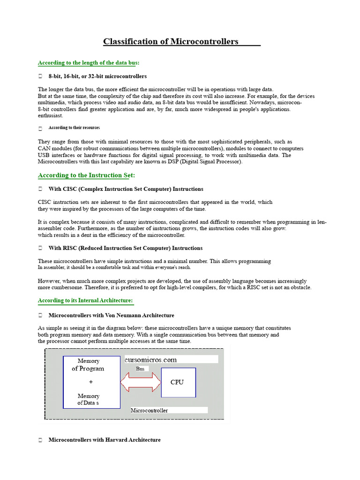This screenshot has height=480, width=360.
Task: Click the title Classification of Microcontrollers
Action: [x=171, y=42]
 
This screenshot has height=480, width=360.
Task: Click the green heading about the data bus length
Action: [x=89, y=62]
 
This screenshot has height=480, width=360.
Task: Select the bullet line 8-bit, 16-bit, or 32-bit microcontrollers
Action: [x=97, y=76]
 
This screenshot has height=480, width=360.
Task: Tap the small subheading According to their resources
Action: [x=74, y=127]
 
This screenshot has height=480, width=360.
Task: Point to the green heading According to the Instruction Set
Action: [x=86, y=175]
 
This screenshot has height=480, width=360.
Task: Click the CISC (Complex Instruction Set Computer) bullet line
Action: [x=126, y=189]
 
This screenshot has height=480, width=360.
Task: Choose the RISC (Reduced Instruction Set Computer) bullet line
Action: [x=126, y=248]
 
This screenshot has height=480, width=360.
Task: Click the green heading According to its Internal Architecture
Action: [x=85, y=300]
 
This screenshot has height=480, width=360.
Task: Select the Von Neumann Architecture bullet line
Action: [x=111, y=315]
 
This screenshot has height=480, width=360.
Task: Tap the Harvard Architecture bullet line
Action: [x=105, y=440]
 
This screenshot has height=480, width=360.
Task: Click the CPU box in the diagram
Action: [x=178, y=382]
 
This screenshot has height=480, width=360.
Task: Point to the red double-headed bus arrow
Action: [x=141, y=382]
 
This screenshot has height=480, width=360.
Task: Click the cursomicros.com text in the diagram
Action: [x=151, y=360]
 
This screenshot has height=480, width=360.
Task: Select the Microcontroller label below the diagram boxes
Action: [x=149, y=410]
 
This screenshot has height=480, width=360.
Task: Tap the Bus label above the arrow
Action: [x=140, y=369]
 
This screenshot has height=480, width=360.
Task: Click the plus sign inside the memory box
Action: [x=91, y=382]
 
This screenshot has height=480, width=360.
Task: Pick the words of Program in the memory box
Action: [x=88, y=368]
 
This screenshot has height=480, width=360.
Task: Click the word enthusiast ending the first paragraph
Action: [x=51, y=115]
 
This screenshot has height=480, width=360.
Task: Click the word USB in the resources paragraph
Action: [x=44, y=155]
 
